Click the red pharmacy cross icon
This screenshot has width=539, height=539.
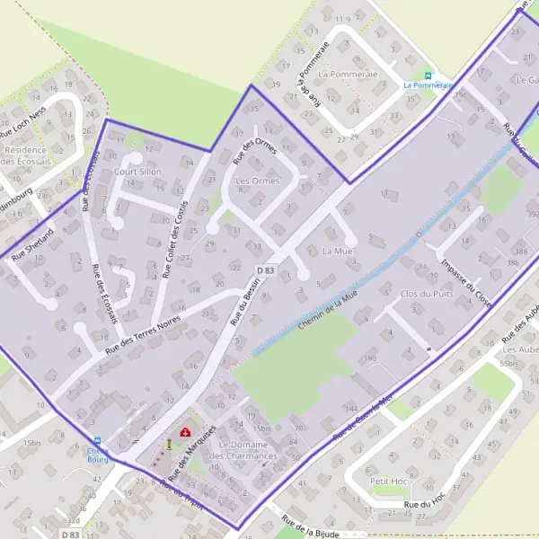pos(186,433)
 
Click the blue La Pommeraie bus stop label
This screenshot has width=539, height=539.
pos(426,86)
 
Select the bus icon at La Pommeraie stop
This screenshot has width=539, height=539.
pos(428,75)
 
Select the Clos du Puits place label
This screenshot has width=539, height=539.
pos(427,294)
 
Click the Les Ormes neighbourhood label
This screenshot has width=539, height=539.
pos(257,181)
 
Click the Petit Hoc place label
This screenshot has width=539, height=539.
pos(390,482)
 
